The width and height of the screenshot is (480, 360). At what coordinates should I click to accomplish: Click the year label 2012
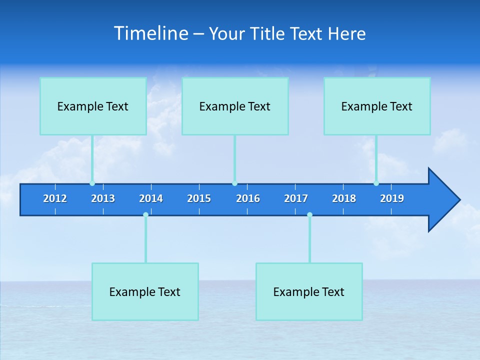(55, 198)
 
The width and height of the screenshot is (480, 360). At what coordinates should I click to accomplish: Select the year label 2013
(103, 198)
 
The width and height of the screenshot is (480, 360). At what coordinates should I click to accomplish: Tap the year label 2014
(151, 198)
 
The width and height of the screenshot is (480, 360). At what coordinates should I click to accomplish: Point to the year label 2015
(199, 198)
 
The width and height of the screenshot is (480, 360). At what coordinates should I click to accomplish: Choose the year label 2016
(248, 198)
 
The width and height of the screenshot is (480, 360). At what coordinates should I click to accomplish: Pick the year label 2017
(296, 198)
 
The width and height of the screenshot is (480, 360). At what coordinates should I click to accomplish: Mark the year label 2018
(344, 198)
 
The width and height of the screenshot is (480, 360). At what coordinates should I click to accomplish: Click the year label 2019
(392, 198)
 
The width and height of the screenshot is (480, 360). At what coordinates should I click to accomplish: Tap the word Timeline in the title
(151, 33)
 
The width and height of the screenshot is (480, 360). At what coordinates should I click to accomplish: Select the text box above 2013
(93, 106)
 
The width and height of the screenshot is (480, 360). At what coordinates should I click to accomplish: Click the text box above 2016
(235, 106)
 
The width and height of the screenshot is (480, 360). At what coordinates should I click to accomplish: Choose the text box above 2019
(377, 106)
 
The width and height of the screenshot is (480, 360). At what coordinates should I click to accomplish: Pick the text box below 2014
(145, 291)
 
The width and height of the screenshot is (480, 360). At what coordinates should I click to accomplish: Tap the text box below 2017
(309, 291)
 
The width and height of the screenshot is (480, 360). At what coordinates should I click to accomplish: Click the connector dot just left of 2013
(92, 183)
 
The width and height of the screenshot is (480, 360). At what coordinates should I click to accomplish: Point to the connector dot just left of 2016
(234, 183)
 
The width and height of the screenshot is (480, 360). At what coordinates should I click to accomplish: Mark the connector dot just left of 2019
(376, 183)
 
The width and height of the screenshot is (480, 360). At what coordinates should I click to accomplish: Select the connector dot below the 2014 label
(145, 214)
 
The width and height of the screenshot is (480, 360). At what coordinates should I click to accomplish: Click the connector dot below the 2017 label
(309, 214)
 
